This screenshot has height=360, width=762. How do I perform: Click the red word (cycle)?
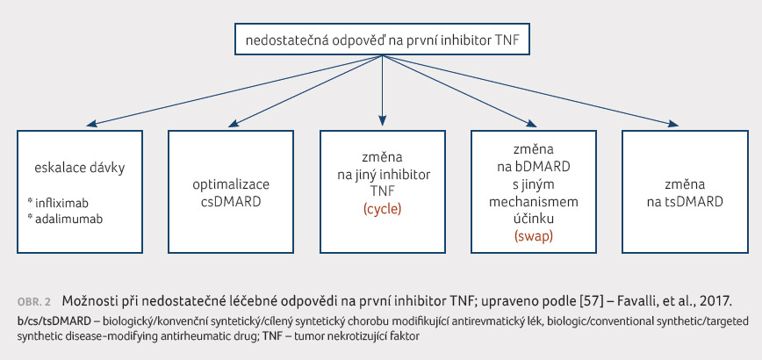click(x=383, y=210)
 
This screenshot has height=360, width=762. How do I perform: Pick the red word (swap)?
click(x=534, y=236)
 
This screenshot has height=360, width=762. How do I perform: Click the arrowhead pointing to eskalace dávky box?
click(x=92, y=124)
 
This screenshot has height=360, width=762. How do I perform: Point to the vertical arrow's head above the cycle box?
click(x=383, y=122)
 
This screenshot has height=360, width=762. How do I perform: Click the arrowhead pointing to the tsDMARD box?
click(x=673, y=124)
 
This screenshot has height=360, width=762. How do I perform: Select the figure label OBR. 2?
click(x=34, y=302)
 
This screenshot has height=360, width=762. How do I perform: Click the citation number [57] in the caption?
click(x=605, y=302)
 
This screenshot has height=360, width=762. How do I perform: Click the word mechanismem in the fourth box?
click(x=534, y=201)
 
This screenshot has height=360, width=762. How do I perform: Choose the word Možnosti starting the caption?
click(x=85, y=301)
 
